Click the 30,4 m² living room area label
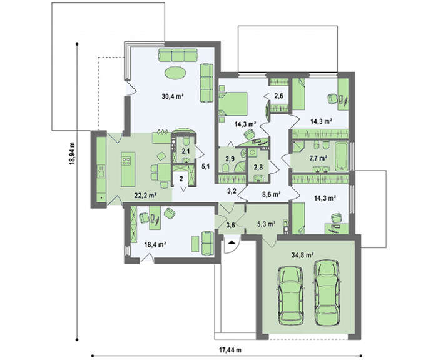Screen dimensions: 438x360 click(x=172, y=96)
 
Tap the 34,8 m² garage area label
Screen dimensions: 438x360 click(x=302, y=255)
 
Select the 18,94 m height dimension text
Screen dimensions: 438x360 click(x=73, y=154)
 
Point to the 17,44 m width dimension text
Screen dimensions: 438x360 click(x=230, y=350)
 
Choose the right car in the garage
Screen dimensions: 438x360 click(x=327, y=292)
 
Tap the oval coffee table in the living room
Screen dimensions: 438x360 click(x=175, y=73)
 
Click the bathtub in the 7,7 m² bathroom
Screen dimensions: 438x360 click(x=342, y=156)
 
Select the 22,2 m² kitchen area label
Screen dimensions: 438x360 click(x=145, y=196)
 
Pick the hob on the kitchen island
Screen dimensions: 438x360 click(x=126, y=161)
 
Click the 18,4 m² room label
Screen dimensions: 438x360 click(x=155, y=245)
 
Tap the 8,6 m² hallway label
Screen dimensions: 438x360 click(x=270, y=194)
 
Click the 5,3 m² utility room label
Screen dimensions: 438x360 click(x=266, y=224)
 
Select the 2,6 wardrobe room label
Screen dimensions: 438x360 click(x=278, y=96)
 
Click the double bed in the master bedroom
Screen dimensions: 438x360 click(x=233, y=104)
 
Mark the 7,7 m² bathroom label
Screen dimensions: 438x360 click(x=318, y=158)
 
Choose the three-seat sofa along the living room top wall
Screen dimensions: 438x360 click(x=178, y=55)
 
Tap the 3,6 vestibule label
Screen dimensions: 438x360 click(x=231, y=225)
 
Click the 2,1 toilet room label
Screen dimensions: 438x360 click(x=186, y=151)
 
